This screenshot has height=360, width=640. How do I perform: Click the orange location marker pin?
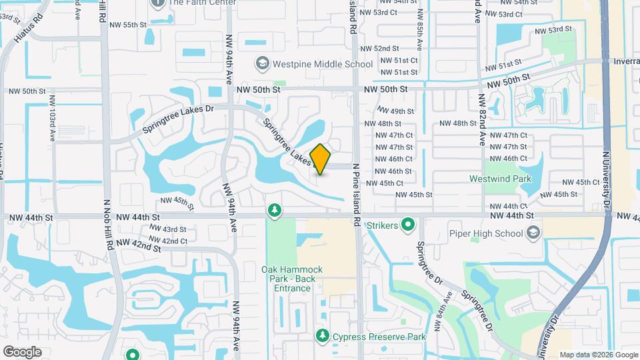point(321,159)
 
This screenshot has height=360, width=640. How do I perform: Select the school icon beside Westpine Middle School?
point(262,64)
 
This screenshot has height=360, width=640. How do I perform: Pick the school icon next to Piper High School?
point(533,233)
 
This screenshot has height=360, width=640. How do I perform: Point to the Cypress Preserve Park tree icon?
point(323,337)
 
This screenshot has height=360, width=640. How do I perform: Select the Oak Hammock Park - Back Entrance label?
point(292,279)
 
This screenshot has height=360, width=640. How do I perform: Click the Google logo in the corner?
point(22,351)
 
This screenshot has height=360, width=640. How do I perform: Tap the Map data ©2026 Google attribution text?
point(598,355)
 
